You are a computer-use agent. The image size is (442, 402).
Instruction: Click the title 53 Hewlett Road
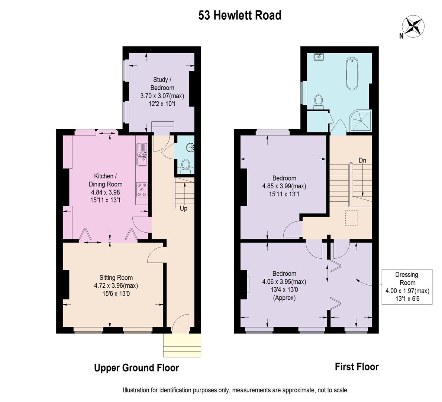click(x=240, y=15)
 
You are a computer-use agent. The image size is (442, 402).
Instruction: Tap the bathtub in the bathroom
click(x=352, y=74)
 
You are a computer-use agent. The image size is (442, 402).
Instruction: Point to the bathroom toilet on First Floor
click(x=319, y=102)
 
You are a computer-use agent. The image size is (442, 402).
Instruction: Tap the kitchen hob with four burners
click(x=142, y=189)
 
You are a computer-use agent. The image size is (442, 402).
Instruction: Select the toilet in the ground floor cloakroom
click(x=185, y=166)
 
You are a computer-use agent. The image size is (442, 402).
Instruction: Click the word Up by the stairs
click(x=184, y=208)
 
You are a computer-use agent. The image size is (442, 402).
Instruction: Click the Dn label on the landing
click(x=362, y=160)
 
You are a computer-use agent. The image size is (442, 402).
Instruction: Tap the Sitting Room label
click(x=116, y=278)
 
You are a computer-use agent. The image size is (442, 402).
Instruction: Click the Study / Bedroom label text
click(x=162, y=83)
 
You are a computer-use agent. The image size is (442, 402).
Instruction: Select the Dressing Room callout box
click(x=407, y=287)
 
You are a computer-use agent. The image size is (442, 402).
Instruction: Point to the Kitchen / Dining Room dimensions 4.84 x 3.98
click(x=106, y=192)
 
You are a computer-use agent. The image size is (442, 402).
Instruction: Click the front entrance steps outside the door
click(x=182, y=345)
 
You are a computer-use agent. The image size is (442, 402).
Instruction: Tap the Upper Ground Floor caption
click(x=136, y=368)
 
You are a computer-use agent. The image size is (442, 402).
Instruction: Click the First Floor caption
click(x=356, y=367)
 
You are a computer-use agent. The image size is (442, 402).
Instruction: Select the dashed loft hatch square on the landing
click(x=352, y=218)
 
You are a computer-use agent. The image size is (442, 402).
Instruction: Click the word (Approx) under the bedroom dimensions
click(x=284, y=298)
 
